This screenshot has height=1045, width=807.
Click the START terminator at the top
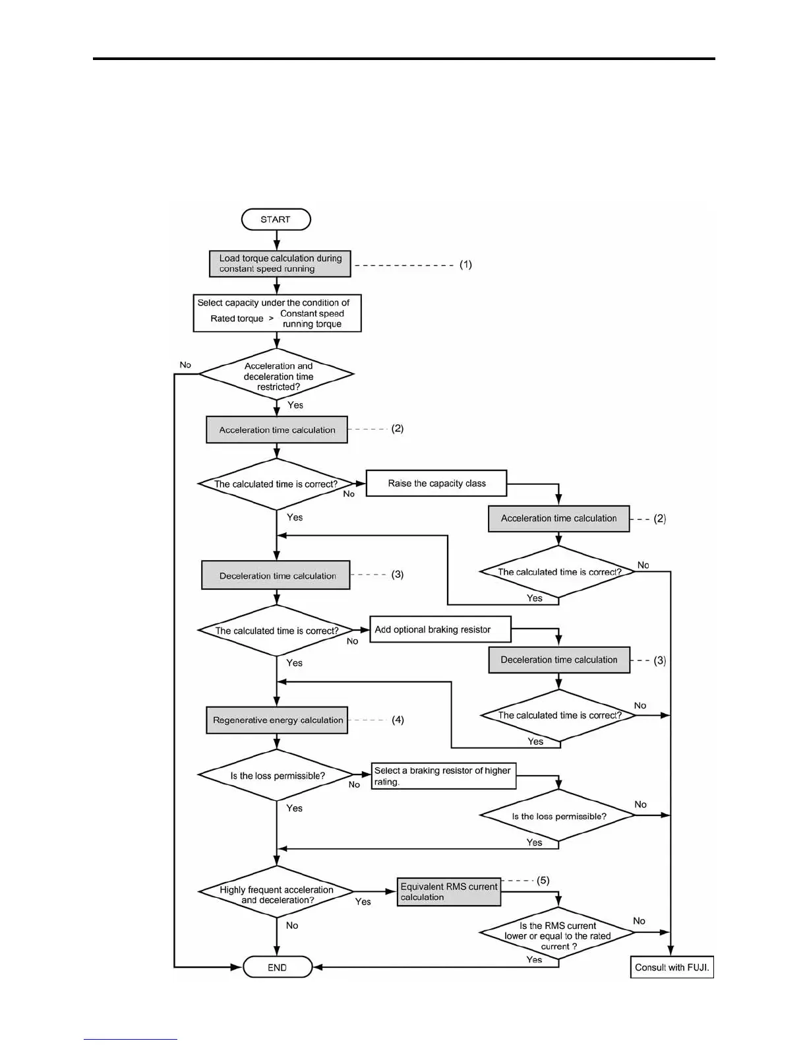[x=276, y=220]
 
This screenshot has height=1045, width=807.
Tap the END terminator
[x=277, y=967]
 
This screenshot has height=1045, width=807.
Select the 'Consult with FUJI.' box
[x=672, y=967]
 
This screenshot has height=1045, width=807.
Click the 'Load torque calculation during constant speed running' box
[x=280, y=264]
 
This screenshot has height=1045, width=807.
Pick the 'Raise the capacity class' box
[x=436, y=484]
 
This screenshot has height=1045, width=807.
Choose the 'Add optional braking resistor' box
[x=440, y=629]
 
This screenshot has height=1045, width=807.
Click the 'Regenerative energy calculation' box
[x=278, y=720]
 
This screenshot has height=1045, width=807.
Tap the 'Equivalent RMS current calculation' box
[x=448, y=892]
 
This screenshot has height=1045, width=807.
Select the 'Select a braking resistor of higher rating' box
[x=443, y=776]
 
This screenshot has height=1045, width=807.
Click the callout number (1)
[x=465, y=265]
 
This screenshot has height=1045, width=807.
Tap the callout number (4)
[x=398, y=720]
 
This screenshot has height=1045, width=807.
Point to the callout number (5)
[x=543, y=880]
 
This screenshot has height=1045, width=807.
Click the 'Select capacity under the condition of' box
[x=277, y=313]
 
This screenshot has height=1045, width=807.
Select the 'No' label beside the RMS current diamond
[x=639, y=921]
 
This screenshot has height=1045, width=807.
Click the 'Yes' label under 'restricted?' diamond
[x=295, y=405]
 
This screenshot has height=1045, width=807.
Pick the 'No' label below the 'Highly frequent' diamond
[x=292, y=926]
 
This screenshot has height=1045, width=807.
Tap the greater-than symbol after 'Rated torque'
[x=271, y=319]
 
